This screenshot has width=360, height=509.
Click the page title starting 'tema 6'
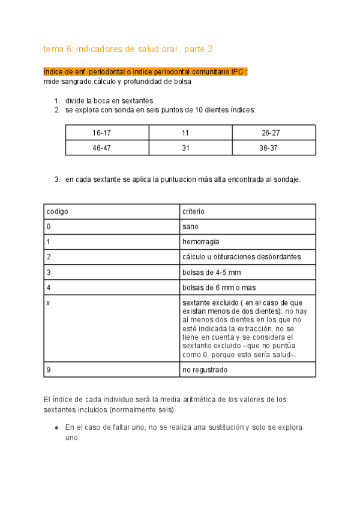(128, 49)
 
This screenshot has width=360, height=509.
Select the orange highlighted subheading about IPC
(146, 71)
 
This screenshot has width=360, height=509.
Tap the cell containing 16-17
(101, 133)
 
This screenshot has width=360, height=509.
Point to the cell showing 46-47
(101, 148)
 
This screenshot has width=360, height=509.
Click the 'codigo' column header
(58, 212)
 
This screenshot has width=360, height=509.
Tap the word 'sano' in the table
(190, 227)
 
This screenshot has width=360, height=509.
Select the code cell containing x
(48, 303)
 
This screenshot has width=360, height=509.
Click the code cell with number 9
(48, 370)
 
